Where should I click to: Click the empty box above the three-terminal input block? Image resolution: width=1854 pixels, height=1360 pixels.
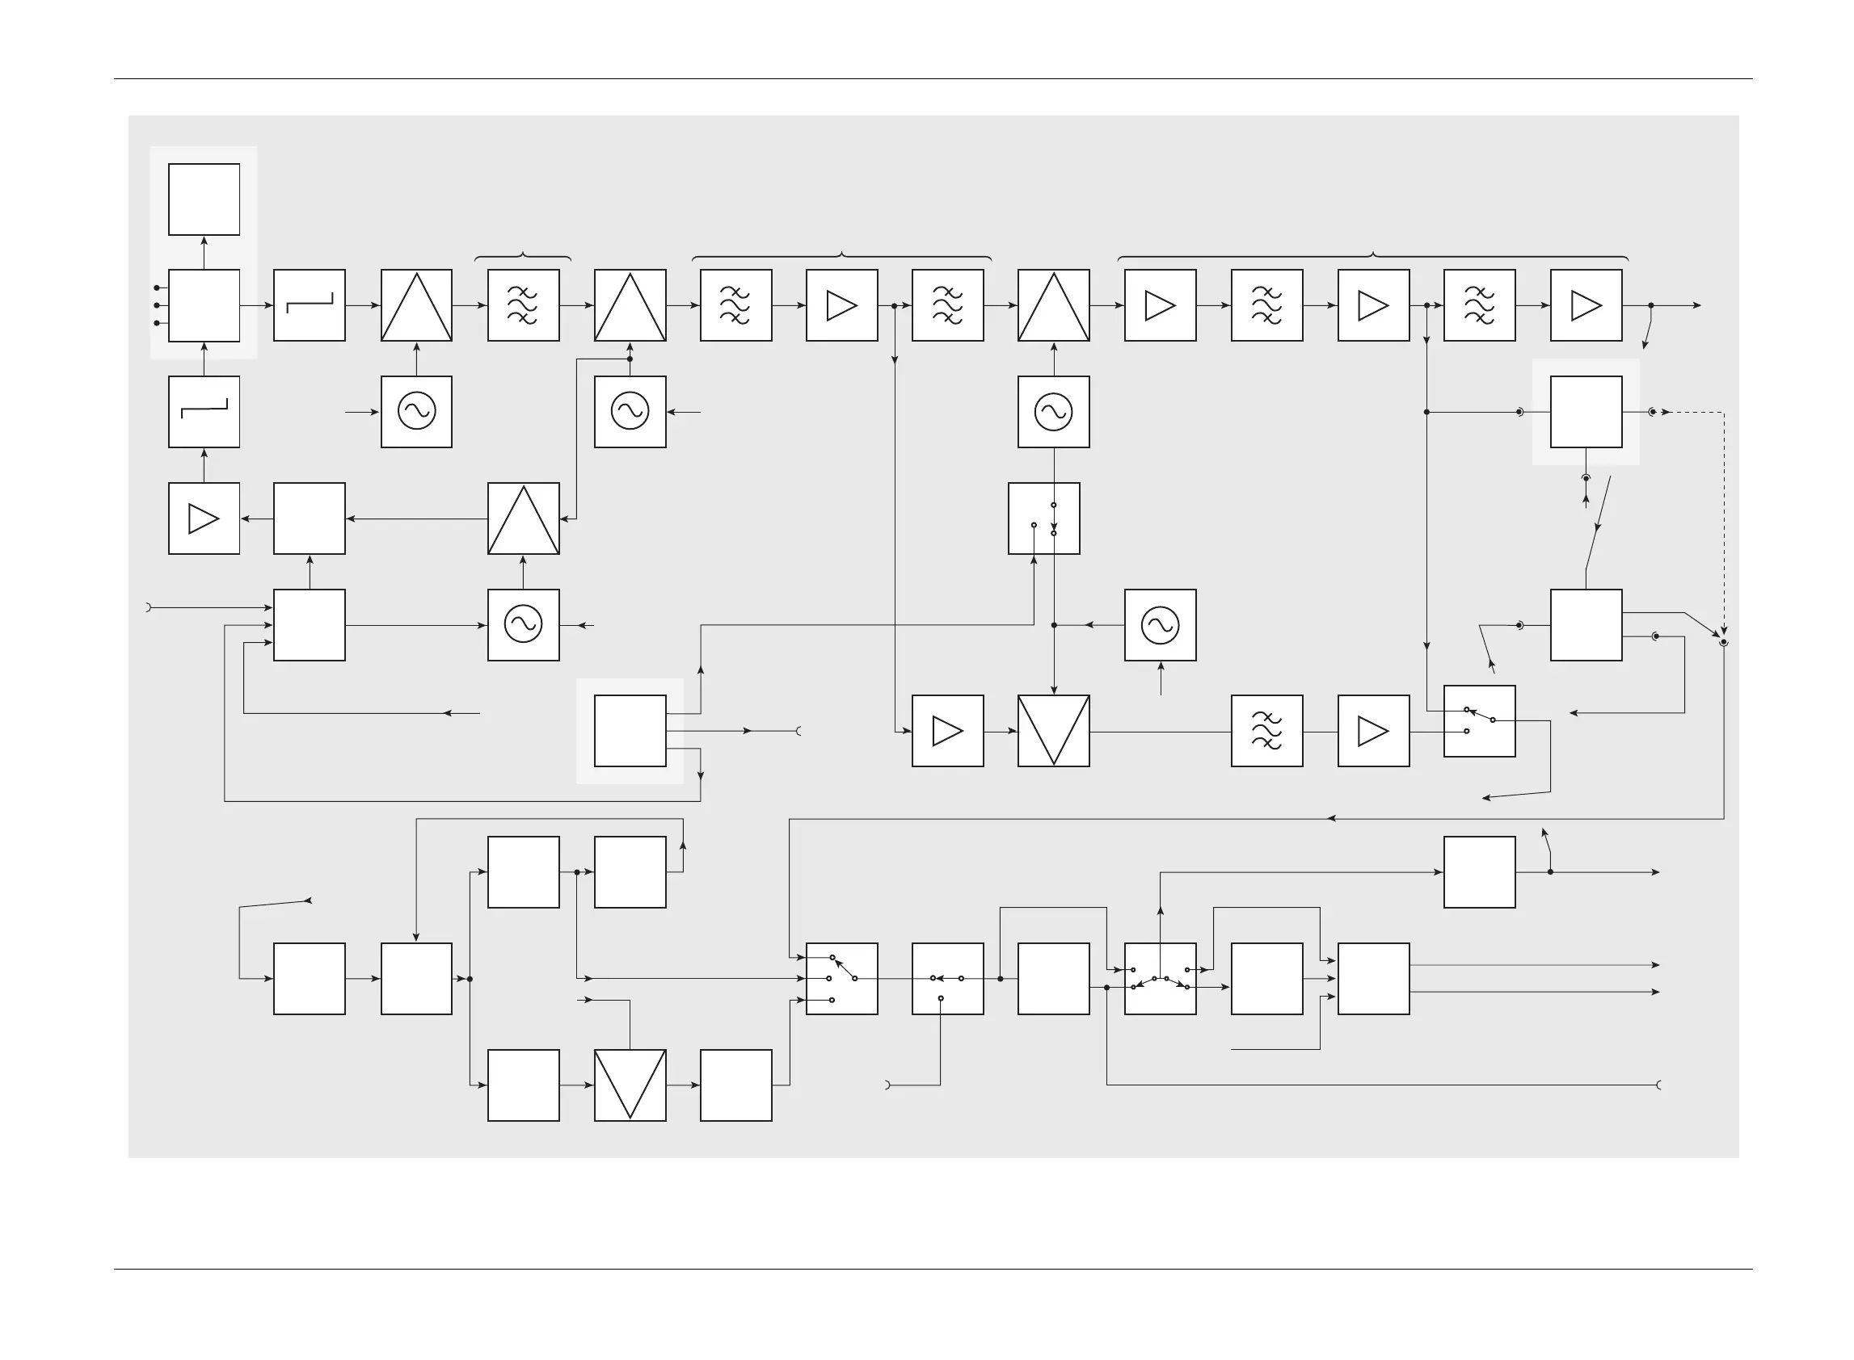point(204,199)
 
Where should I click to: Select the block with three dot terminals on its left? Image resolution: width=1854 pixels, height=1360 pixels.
point(204,305)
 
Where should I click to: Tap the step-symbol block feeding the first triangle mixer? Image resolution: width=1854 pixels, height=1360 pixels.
point(309,305)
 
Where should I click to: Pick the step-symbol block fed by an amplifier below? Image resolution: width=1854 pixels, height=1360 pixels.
point(204,412)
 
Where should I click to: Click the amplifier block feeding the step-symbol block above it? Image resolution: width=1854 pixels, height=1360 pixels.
point(204,518)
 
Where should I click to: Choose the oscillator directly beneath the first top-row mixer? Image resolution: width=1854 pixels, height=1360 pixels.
point(416,412)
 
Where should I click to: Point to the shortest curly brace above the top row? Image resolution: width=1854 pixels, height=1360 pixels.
point(523,256)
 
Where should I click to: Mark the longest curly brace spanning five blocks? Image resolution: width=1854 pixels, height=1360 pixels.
point(1373,256)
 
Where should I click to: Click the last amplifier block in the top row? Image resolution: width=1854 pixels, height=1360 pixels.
point(1586,305)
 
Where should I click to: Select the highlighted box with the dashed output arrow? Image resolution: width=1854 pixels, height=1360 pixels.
point(1586,412)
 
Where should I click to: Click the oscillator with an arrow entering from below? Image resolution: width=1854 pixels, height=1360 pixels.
point(1160,625)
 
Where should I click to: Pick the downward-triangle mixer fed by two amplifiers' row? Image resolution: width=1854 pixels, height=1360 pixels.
point(1053,731)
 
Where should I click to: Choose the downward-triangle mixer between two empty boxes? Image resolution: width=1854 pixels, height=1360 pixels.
point(630,1085)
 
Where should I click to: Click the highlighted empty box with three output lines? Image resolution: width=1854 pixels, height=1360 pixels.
point(630,731)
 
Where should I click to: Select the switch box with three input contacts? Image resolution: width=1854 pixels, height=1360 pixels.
point(841,979)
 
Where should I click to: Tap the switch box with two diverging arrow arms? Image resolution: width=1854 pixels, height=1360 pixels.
point(1160,979)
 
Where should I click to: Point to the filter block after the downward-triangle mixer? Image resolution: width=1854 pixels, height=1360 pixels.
point(1266,731)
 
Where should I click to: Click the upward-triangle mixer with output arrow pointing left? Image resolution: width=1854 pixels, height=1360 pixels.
point(523,518)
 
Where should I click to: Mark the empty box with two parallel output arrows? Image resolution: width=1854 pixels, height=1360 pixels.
point(1373,979)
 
